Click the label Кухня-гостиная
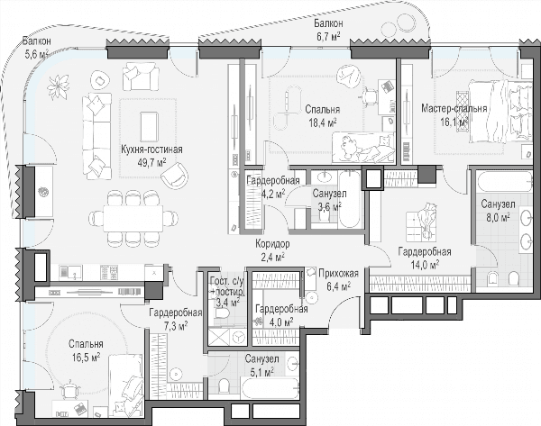[151, 150]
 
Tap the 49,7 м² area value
[151, 161]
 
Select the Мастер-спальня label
[454, 109]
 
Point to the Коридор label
[272, 244]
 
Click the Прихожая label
[338, 274]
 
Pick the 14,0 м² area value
[425, 264]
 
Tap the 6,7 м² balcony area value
[329, 36]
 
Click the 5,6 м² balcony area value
[36, 53]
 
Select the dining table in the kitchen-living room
[133, 219]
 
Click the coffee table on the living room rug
[150, 126]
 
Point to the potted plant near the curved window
[59, 87]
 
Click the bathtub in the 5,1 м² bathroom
[270, 389]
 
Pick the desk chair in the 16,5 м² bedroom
[70, 390]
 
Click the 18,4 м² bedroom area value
[323, 122]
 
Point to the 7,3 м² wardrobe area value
[176, 325]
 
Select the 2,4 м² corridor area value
[272, 257]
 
